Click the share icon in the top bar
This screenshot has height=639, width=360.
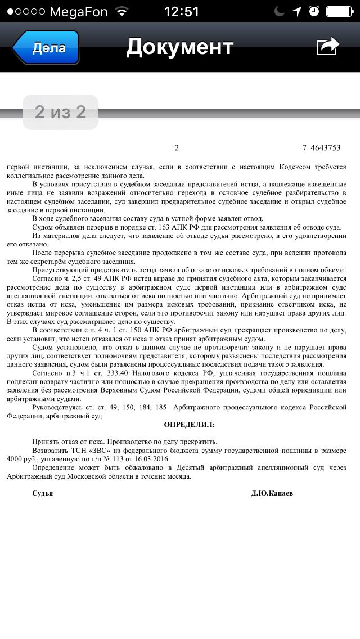coord(328,47)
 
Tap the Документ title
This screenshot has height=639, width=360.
coord(179,47)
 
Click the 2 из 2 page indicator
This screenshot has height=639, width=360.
coord(60,112)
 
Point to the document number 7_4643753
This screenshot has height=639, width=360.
coord(321,148)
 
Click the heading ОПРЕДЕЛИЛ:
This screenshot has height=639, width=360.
coord(189,425)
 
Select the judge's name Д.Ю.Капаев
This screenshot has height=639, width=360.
coord(272,493)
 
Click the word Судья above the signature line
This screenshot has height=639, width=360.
coord(43,493)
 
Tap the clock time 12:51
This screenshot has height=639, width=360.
coord(181,11)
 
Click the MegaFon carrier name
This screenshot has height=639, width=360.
coord(78,11)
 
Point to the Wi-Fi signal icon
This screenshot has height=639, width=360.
coord(121,11)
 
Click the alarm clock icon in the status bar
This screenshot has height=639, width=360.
coord(314,11)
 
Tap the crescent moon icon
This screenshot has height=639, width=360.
coord(280,11)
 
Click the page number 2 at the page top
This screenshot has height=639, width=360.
coord(177,148)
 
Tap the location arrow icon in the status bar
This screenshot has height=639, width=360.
coord(297,11)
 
